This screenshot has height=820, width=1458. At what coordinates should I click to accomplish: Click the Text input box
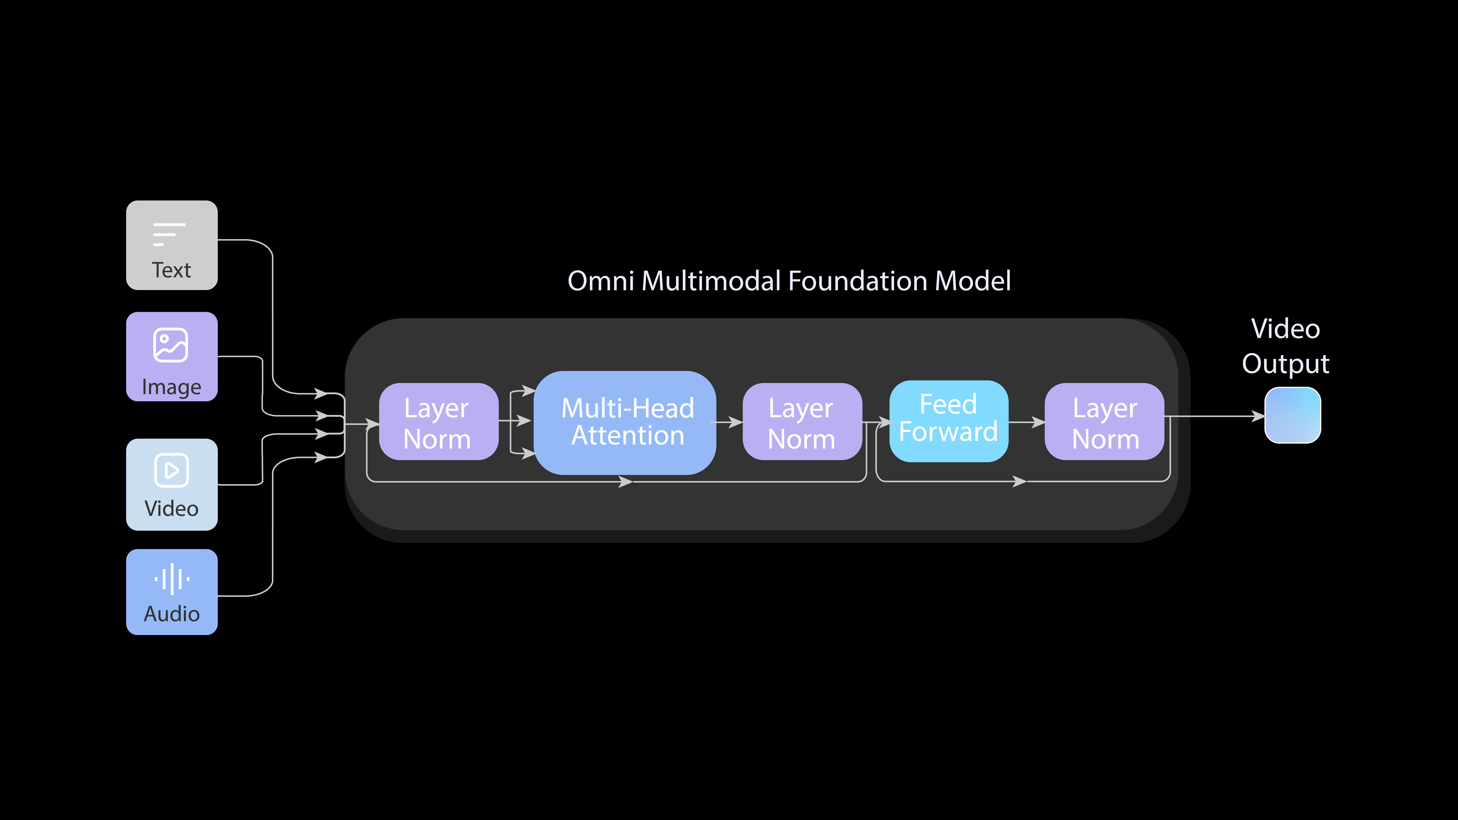pyautogui.click(x=171, y=245)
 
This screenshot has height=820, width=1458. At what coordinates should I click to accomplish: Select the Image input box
pyautogui.click(x=171, y=357)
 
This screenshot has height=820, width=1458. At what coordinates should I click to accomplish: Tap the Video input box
pyautogui.click(x=171, y=484)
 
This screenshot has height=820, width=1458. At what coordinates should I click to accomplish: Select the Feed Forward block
pyautogui.click(x=949, y=420)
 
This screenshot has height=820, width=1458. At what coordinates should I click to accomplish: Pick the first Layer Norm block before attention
pyautogui.click(x=438, y=422)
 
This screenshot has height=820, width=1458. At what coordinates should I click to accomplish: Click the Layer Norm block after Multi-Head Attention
pyautogui.click(x=802, y=422)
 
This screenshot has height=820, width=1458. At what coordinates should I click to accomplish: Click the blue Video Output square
pyautogui.click(x=1293, y=415)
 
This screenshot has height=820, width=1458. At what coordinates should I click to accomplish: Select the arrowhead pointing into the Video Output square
pyautogui.click(x=1258, y=417)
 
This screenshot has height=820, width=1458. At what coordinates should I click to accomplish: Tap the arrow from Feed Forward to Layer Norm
pyautogui.click(x=1027, y=422)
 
